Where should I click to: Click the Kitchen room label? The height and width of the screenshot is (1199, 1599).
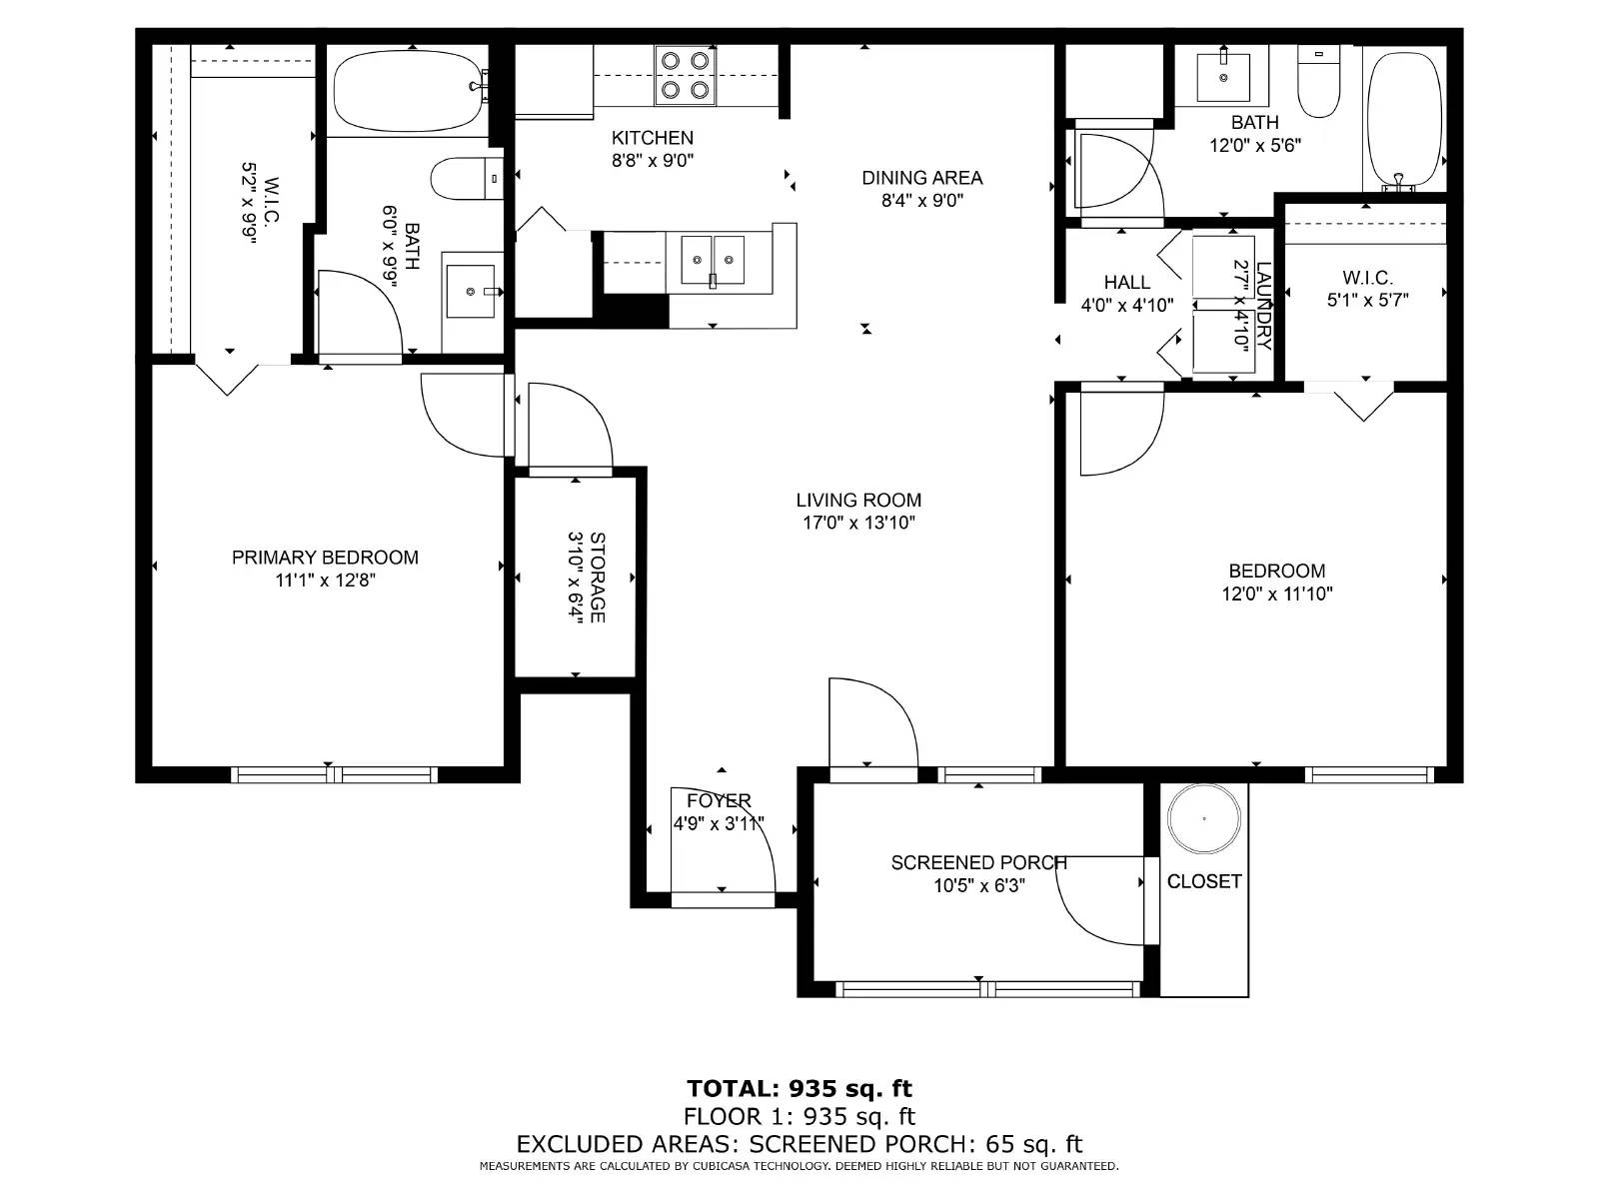pos(652,138)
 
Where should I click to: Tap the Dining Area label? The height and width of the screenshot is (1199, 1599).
pos(921,178)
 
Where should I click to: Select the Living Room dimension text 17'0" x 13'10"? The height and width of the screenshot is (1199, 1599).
pos(858,522)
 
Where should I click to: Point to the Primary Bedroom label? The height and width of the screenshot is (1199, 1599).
pos(325,558)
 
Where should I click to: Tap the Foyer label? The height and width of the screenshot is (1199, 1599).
pos(719,800)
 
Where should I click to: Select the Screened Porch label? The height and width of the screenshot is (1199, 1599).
pos(978,862)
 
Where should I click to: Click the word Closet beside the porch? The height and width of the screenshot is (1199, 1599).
pos(1203,881)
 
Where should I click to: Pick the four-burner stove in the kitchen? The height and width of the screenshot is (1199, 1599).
pos(685,76)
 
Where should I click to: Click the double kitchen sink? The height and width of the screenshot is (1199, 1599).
pos(713,260)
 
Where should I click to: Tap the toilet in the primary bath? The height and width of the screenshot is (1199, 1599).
pos(467,179)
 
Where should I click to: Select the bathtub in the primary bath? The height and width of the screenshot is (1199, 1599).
pos(410,90)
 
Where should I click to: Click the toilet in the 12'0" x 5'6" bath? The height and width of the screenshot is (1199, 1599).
pos(1318,82)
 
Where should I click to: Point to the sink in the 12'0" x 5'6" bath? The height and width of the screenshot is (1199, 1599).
pos(1223,75)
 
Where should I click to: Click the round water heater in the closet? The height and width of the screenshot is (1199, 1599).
pos(1203,819)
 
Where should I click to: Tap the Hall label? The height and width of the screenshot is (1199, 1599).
pos(1126,283)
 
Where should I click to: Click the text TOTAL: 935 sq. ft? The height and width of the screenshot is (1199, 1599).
pos(799,1088)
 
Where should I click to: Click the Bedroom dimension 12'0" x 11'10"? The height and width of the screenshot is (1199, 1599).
pos(1276,594)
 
